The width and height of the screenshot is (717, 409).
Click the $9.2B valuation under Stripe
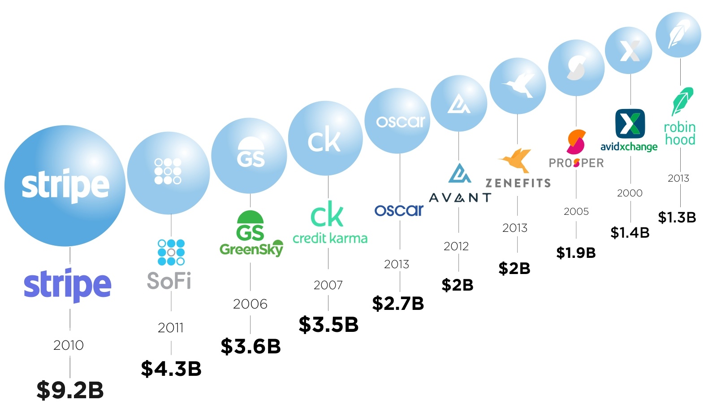(70, 390)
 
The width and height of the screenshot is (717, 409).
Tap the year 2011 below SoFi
(171, 328)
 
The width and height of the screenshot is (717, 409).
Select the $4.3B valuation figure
(171, 369)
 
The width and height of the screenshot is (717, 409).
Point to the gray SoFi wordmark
(169, 281)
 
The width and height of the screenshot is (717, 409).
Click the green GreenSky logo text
(251, 249)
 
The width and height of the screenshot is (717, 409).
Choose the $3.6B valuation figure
(251, 346)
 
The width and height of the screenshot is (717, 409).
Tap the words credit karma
(330, 238)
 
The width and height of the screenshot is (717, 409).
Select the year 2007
(328, 285)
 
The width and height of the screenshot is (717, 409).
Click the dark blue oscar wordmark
(399, 210)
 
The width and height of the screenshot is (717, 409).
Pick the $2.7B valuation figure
(398, 304)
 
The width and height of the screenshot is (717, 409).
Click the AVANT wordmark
(460, 197)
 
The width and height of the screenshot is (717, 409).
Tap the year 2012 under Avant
(456, 246)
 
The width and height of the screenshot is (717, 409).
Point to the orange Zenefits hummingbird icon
(515, 160)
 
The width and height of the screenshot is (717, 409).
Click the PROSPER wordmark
(576, 163)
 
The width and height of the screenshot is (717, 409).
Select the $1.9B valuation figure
(576, 253)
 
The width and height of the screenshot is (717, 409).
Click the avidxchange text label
(629, 147)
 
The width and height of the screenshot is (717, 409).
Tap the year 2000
(630, 193)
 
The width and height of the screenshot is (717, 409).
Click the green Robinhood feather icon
(682, 101)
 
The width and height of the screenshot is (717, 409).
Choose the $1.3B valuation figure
(677, 218)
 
